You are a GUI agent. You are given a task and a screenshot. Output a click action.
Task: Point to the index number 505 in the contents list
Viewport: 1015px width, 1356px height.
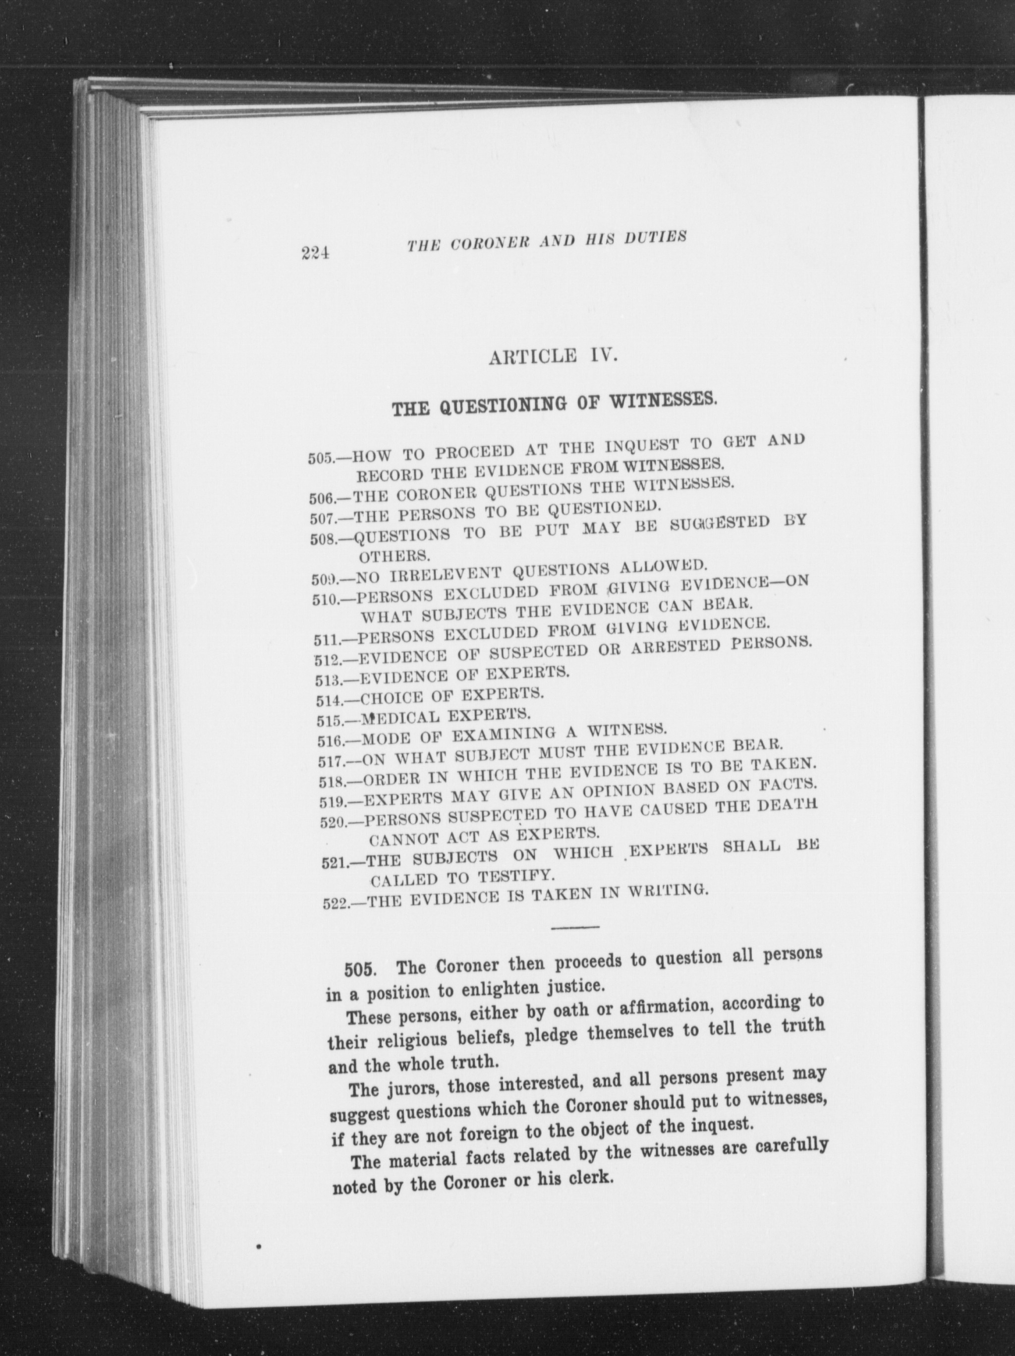(320, 458)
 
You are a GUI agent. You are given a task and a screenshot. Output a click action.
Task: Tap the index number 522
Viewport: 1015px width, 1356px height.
(335, 904)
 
